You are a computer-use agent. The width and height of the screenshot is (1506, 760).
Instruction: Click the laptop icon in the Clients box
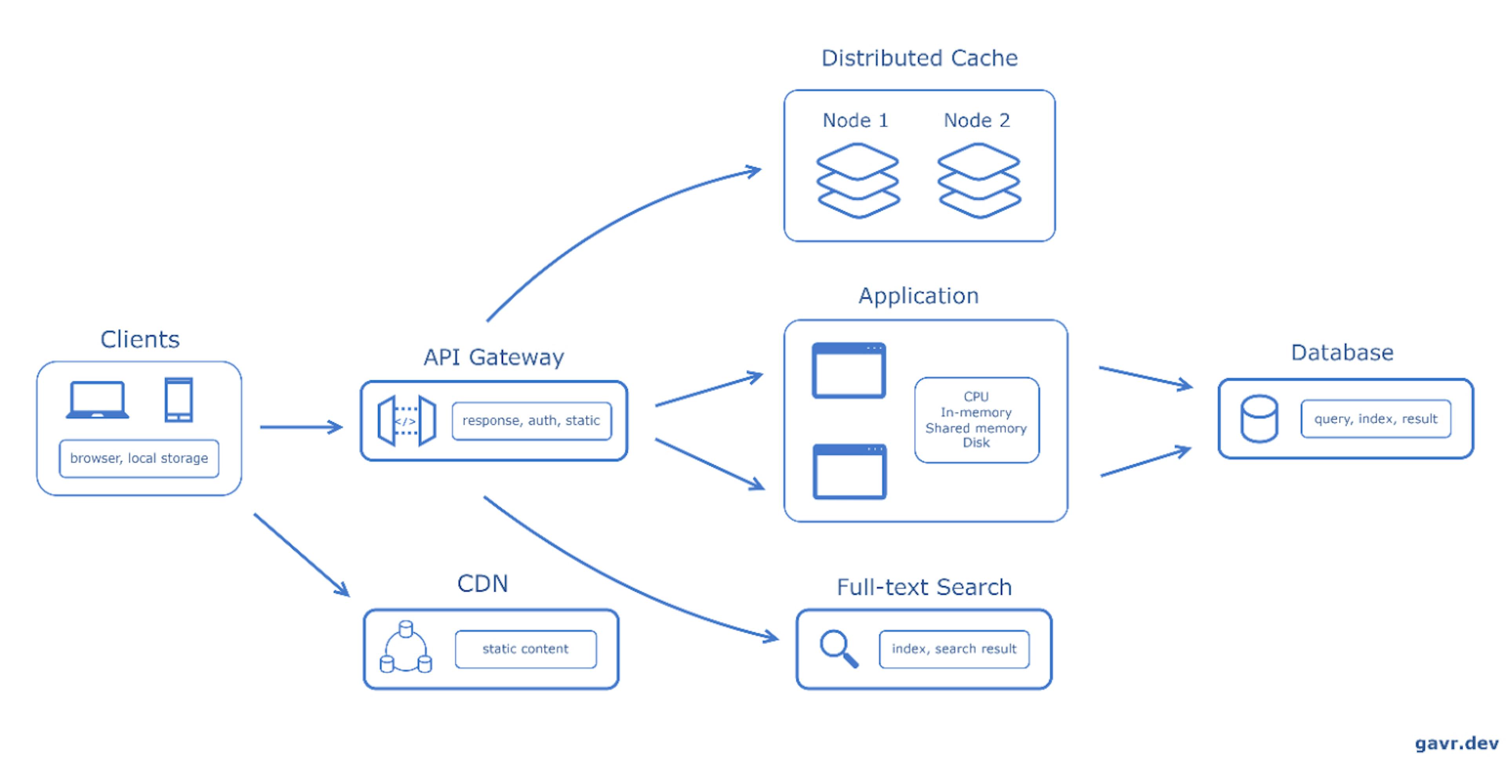point(97,400)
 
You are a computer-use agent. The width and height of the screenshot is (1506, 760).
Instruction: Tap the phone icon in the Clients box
point(178,400)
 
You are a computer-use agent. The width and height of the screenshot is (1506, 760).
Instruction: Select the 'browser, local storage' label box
point(139,458)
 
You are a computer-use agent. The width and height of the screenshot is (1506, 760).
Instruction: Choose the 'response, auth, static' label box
point(531,421)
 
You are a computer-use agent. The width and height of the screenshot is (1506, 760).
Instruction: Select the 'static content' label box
point(526,649)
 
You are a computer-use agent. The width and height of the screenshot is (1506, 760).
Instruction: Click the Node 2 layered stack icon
point(979,181)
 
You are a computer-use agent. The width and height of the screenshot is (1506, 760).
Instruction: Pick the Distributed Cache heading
point(920,58)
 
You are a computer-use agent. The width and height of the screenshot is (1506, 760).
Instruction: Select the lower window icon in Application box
point(849,471)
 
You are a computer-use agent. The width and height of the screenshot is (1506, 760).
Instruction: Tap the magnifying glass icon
point(839,648)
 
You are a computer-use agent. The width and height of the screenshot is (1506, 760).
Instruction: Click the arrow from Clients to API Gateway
point(301,427)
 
